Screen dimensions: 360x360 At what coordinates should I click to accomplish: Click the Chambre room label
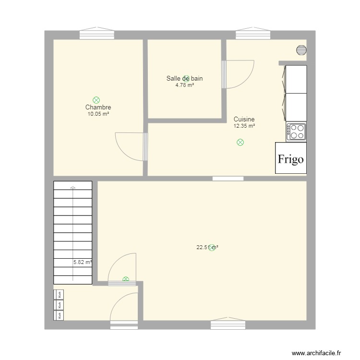[x=98, y=108]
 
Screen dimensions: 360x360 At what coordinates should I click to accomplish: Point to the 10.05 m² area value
[x=98, y=114]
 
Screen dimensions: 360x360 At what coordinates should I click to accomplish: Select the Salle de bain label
[x=185, y=78]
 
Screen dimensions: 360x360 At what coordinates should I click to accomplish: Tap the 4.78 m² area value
[x=185, y=85]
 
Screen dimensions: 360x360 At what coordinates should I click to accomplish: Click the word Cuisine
[x=244, y=119]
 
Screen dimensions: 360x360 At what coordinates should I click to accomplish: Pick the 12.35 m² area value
[x=244, y=126]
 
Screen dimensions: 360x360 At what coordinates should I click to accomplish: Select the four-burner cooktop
[x=296, y=132]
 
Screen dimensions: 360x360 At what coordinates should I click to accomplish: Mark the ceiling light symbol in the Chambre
[x=96, y=100]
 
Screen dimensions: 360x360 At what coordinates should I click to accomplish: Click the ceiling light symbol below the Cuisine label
[x=240, y=142]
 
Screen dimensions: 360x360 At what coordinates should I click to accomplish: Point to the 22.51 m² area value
[x=207, y=248]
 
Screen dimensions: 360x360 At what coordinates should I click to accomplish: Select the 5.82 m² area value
[x=82, y=262]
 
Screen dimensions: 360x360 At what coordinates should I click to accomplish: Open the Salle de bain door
[x=239, y=74]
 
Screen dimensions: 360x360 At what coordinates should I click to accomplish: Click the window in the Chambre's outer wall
[x=97, y=34]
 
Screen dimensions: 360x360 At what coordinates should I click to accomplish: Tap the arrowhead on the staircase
[x=72, y=187]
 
